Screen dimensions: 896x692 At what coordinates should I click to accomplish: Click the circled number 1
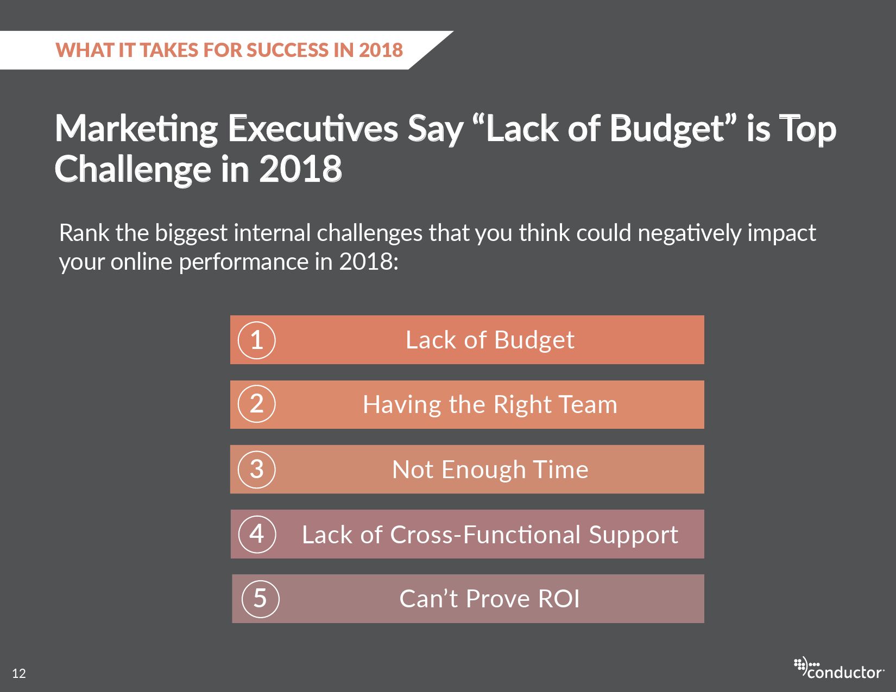(256, 340)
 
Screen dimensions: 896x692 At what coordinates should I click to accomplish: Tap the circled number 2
(256, 404)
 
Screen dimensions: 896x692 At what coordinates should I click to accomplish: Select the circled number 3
(256, 469)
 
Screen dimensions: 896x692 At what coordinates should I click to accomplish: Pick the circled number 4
(257, 534)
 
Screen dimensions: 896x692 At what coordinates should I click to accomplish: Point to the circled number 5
(260, 599)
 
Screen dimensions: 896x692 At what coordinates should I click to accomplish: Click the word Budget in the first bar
(534, 341)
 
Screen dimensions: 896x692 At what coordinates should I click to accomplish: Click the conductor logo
(839, 668)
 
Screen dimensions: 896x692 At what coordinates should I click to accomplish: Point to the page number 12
(19, 674)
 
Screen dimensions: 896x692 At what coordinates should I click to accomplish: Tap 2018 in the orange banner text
(381, 50)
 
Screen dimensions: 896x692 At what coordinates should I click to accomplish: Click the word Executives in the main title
(313, 129)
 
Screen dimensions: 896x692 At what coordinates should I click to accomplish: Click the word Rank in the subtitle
(84, 233)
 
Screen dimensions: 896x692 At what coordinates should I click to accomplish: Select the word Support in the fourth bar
(633, 536)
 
